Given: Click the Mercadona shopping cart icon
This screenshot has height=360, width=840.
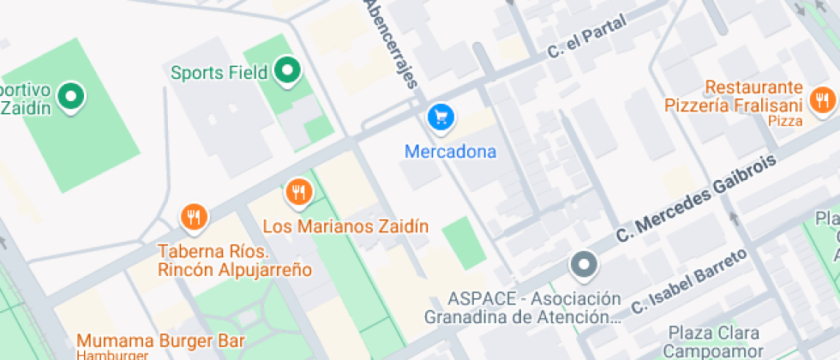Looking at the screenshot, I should (440, 116).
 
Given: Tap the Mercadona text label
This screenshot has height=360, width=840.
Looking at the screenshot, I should (450, 153).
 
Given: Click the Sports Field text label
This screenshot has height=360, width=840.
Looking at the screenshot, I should (219, 72).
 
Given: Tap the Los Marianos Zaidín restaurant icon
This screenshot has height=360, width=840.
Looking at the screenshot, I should (298, 193).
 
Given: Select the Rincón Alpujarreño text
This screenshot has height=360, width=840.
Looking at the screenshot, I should (234, 270).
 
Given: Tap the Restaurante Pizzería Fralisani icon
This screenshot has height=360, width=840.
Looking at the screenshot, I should (821, 98).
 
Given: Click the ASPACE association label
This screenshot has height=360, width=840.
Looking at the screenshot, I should (522, 308).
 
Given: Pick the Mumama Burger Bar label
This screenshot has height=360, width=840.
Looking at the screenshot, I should (160, 339).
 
